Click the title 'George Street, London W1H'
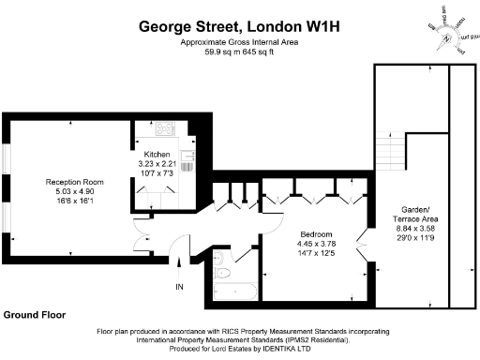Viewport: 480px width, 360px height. (x=240, y=27)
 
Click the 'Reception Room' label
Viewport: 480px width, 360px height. (x=75, y=182)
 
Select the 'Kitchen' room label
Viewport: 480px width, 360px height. (x=157, y=155)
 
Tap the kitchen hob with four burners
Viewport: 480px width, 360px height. (x=159, y=131)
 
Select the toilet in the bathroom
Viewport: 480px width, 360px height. (x=218, y=275)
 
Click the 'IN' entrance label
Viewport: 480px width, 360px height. (x=179, y=286)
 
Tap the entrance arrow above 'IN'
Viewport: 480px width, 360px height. (x=179, y=266)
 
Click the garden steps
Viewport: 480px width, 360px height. (x=386, y=149)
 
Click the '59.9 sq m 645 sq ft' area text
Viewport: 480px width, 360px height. (x=240, y=52)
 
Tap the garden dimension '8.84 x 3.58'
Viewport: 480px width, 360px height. (x=412, y=228)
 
